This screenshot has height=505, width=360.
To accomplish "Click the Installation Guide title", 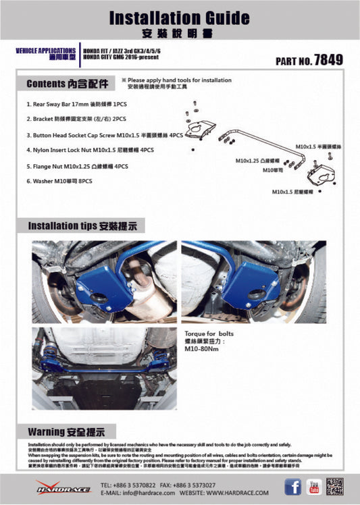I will click(179, 18).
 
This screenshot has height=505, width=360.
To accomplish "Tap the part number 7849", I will click(328, 60).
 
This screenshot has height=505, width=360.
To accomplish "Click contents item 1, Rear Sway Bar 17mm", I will click(76, 105).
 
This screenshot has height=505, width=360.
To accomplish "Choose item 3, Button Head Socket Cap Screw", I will click(105, 135).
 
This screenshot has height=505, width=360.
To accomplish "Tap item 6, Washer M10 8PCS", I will click(63, 181).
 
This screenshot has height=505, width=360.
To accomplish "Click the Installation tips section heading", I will click(86, 226).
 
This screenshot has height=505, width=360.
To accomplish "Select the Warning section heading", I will click(66, 431).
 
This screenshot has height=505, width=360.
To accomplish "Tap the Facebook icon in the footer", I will click(292, 487).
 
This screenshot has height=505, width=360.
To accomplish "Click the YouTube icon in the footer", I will click(313, 487).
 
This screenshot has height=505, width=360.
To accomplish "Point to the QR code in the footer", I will click(335, 487).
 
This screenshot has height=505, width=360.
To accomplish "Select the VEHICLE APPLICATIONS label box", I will click(45, 54).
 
